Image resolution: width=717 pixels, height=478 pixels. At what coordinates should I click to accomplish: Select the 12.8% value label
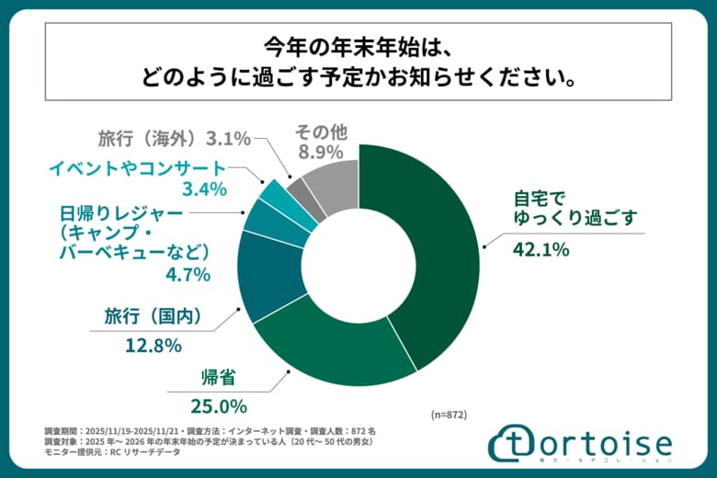[x=154, y=347]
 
